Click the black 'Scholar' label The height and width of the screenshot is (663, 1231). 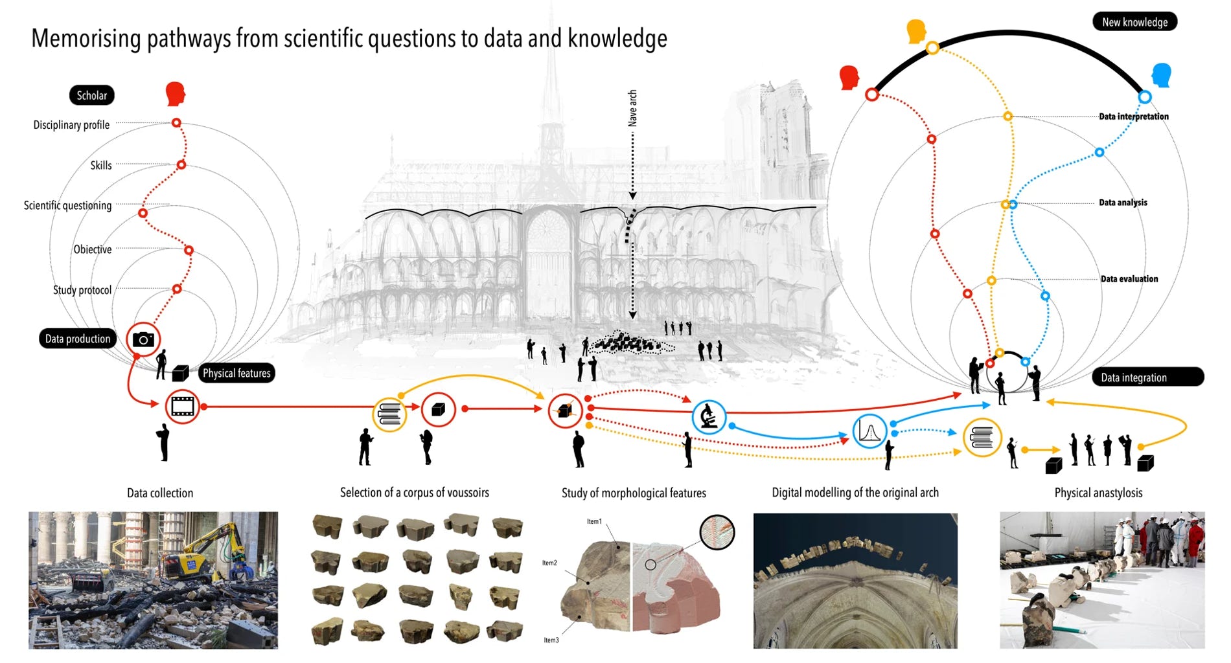[92, 95]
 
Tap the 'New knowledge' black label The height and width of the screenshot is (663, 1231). [1134, 22]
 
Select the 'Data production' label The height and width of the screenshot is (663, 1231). [78, 339]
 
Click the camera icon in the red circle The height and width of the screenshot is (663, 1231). [143, 339]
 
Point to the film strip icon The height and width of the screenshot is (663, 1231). [182, 407]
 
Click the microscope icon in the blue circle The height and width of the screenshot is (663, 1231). [709, 417]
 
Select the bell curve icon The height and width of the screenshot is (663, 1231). [869, 431]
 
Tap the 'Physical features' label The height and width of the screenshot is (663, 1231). [236, 373]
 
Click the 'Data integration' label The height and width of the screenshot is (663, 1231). [1147, 377]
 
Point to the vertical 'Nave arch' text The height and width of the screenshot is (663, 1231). [632, 108]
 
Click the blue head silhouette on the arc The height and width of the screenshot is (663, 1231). [1162, 76]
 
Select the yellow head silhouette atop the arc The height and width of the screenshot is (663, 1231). [916, 30]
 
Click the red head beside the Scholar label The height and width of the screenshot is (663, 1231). [175, 94]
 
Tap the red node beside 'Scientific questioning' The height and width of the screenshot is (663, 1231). [143, 213]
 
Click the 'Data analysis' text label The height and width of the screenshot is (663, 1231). [1123, 203]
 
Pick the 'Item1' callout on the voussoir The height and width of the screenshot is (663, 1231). [594, 521]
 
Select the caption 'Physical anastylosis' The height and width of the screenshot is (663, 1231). [1098, 493]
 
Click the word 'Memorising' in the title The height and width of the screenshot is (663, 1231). [86, 39]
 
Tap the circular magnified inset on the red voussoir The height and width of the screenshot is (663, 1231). [717, 532]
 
